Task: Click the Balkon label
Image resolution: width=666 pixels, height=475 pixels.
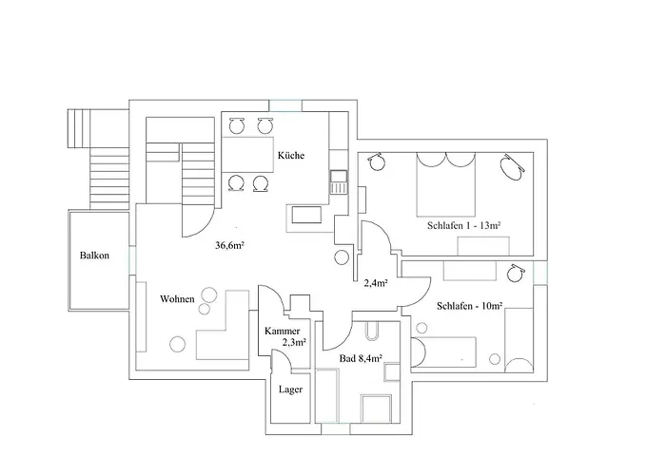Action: (x=94, y=256)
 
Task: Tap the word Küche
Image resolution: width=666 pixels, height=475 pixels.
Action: (x=291, y=156)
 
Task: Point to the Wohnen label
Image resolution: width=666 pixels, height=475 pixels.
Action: (x=177, y=299)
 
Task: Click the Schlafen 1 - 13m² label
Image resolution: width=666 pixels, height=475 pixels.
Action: (x=464, y=225)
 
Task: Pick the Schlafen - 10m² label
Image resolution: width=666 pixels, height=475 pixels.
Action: (x=470, y=307)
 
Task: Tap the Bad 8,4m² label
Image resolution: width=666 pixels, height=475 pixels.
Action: (x=361, y=359)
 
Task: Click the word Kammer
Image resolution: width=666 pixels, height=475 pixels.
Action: (x=282, y=330)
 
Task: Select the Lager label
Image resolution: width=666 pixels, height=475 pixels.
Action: (x=290, y=389)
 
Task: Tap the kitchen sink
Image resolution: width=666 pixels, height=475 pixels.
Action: (x=338, y=180)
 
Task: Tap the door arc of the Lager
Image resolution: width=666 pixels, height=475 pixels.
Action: (x=283, y=364)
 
